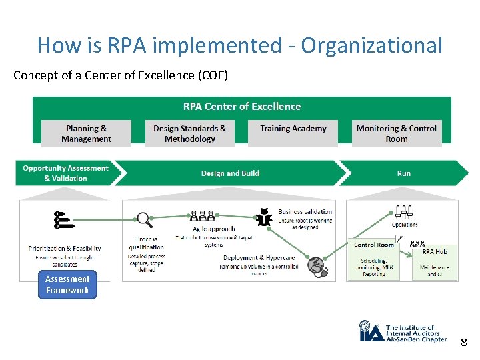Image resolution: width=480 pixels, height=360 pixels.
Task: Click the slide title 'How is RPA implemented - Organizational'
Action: [x=239, y=45]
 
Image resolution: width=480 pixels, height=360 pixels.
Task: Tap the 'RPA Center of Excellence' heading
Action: [x=241, y=107]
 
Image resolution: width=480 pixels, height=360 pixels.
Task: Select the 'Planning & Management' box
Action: [x=86, y=133]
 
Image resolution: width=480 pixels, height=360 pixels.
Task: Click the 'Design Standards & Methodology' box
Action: [x=189, y=133]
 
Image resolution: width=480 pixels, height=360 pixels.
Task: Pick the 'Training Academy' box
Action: [x=293, y=129]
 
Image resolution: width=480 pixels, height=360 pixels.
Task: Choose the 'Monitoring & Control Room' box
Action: [x=396, y=133]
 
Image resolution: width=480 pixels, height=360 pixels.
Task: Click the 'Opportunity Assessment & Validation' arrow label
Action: [x=65, y=173]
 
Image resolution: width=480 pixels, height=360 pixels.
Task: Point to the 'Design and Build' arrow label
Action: [x=230, y=173]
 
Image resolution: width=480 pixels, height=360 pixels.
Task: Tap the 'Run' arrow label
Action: [x=403, y=173]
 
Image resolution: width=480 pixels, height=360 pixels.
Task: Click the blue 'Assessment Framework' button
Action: [x=67, y=285]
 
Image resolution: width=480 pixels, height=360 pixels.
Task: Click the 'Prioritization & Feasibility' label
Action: [x=65, y=249]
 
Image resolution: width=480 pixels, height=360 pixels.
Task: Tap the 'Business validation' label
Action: [x=305, y=212]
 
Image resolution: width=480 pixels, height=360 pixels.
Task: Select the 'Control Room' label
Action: [x=373, y=245]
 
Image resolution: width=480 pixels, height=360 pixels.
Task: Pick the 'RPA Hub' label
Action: [x=435, y=252]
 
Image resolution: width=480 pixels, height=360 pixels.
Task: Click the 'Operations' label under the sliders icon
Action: [x=405, y=225]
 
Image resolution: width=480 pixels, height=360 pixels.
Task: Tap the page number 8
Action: [x=464, y=343]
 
